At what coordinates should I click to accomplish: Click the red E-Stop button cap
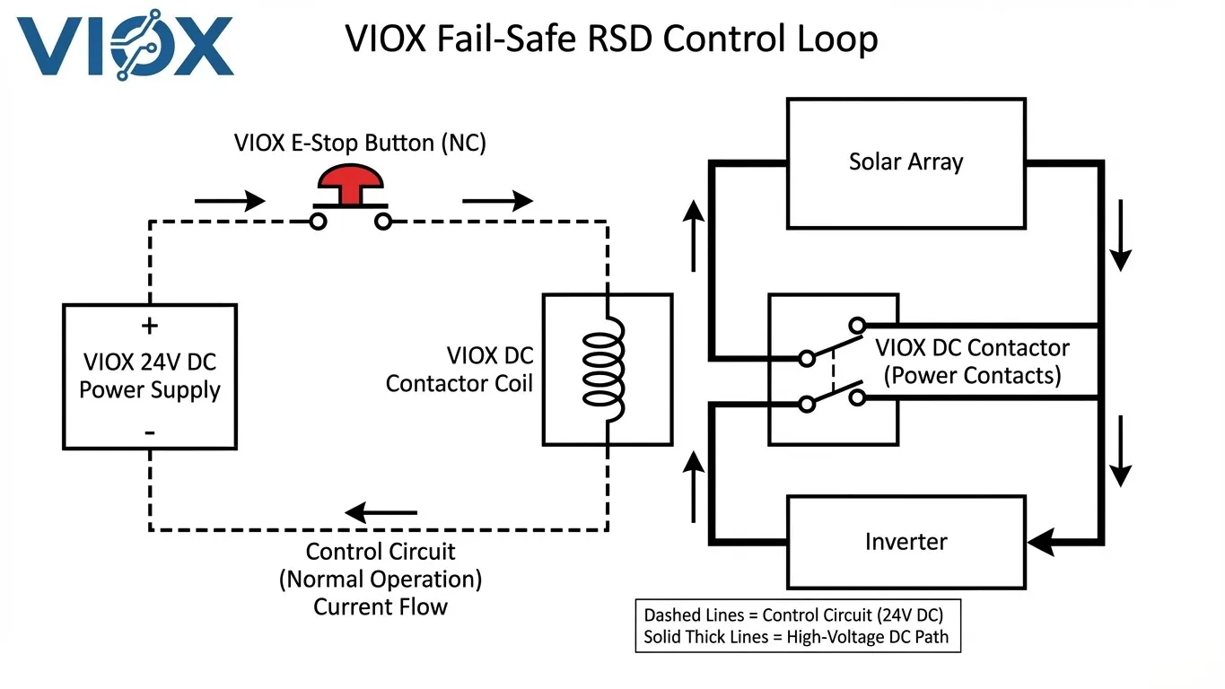(349, 179)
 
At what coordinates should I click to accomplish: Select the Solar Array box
(906, 162)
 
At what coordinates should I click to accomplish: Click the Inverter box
(906, 542)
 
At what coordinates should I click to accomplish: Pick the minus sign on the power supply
(149, 432)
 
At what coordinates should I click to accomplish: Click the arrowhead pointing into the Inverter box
(1039, 542)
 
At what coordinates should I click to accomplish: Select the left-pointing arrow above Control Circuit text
(381, 513)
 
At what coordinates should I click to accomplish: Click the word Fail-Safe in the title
(523, 39)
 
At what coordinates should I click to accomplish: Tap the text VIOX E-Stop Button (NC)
(360, 143)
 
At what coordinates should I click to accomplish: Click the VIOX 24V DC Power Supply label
(150, 376)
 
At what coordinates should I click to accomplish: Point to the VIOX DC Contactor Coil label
(459, 370)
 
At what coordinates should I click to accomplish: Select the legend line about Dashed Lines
(793, 615)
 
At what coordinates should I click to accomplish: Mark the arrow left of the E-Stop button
(230, 201)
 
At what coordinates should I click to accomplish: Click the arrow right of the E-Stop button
(497, 201)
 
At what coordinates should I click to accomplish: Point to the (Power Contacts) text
(972, 375)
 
